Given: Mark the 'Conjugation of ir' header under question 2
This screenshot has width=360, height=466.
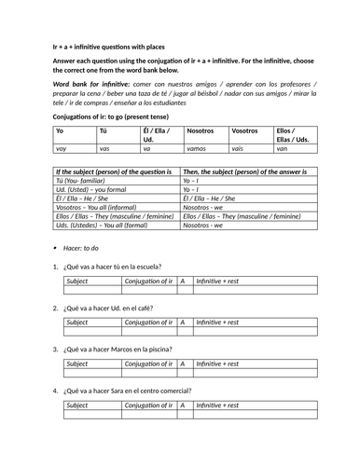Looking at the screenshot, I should pos(147,322).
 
